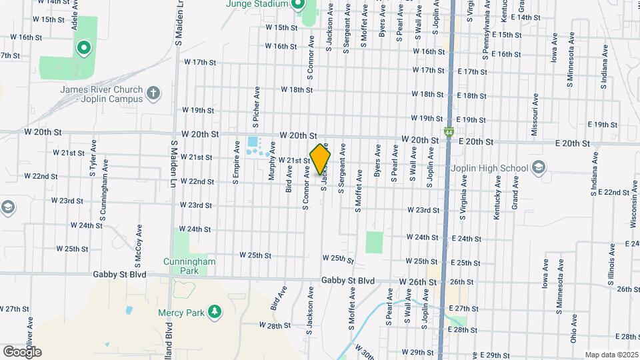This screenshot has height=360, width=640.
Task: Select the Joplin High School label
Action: click(490, 168)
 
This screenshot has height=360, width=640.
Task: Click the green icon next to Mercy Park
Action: click(214, 311)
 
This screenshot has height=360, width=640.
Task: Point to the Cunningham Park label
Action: click(189, 267)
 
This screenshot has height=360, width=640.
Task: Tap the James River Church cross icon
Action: click(154, 93)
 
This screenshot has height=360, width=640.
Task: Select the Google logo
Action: click(22, 351)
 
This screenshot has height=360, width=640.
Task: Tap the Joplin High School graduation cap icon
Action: click(539, 167)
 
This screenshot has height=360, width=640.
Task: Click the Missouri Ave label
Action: click(535, 115)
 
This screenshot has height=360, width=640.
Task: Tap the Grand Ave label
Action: click(515, 194)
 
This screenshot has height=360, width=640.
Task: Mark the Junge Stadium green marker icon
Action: click(298, 5)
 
